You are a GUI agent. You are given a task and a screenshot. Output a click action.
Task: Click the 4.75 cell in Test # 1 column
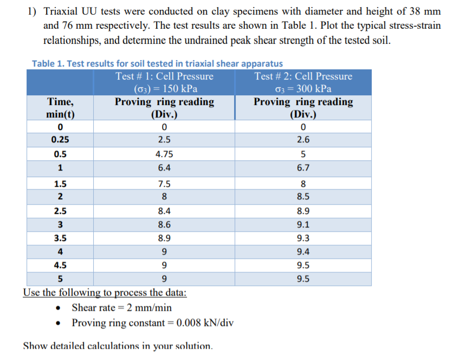[164, 154]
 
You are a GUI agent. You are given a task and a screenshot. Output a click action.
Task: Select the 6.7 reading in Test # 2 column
[303, 168]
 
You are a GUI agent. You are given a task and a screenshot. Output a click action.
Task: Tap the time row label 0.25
[60, 140]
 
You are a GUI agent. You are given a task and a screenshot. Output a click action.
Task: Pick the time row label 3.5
[60, 238]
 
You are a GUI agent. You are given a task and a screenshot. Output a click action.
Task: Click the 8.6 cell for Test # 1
[164, 225]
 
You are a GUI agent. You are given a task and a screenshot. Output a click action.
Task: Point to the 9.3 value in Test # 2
[303, 238]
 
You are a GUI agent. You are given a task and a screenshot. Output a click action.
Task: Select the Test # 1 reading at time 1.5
[164, 184]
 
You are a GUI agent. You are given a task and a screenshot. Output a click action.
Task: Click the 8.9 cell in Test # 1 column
[164, 238]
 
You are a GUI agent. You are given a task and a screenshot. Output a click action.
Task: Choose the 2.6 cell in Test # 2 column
[303, 140]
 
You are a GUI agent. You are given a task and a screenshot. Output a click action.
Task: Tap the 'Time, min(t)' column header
[60, 108]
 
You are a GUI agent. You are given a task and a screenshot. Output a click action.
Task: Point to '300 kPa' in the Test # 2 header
[314, 89]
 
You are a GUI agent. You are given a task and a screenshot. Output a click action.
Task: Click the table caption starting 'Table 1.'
[157, 64]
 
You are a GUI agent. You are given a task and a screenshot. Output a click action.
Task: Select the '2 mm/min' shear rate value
[149, 307]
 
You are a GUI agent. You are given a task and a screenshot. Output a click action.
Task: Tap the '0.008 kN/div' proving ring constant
[205, 323]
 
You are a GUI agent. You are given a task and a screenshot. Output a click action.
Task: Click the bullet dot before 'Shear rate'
[59, 308]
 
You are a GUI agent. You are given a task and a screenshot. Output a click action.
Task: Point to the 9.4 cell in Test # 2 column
[303, 252]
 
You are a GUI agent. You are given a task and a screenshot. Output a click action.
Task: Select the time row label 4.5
[60, 265]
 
